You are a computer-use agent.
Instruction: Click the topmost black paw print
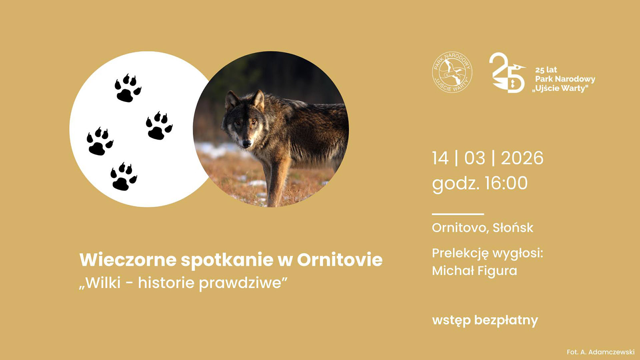(x=127, y=89)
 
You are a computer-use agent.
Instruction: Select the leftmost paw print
(x=99, y=142)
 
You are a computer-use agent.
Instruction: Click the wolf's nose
(x=246, y=143)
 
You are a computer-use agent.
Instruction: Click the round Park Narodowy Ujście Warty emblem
(x=452, y=72)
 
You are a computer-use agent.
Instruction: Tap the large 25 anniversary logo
(x=506, y=73)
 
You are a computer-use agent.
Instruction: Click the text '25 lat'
(x=546, y=70)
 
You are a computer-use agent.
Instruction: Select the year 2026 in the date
(x=522, y=158)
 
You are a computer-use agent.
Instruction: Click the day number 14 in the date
(x=440, y=158)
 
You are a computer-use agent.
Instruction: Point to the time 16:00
(x=506, y=184)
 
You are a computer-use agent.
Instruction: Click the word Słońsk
(x=513, y=228)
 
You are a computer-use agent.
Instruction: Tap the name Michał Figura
(x=474, y=271)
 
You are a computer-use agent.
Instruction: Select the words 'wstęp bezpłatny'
(x=485, y=320)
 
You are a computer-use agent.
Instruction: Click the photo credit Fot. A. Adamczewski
(x=600, y=352)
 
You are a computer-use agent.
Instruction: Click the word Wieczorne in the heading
(x=128, y=260)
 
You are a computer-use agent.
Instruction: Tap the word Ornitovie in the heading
(x=340, y=260)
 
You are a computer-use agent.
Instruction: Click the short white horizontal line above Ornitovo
(x=458, y=214)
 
